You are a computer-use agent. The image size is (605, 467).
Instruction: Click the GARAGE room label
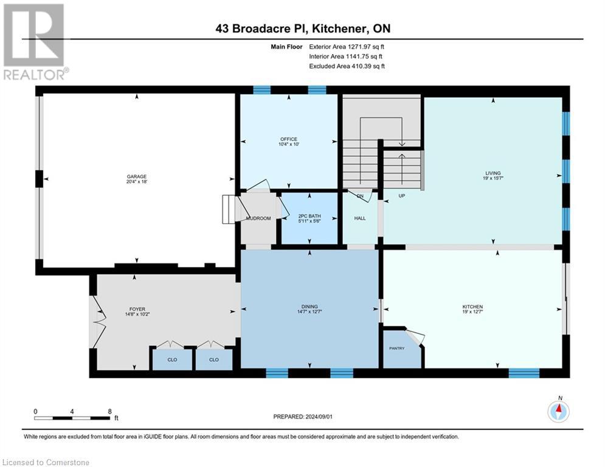tap(137, 176)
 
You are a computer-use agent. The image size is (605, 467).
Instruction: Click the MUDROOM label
tap(258, 218)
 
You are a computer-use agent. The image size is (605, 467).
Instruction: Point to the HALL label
tap(360, 218)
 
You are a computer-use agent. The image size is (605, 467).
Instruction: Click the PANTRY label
tap(396, 348)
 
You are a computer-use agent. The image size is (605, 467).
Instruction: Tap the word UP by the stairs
tap(401, 196)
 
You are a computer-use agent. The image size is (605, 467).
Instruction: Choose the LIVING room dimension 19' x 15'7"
tap(493, 179)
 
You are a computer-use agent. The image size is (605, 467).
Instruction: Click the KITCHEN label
tap(472, 306)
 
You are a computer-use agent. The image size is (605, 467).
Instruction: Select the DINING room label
tap(309, 306)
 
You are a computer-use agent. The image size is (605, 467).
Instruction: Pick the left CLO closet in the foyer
tap(172, 359)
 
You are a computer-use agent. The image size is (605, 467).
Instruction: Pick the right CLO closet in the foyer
tap(214, 359)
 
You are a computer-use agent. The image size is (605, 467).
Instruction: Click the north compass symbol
tap(558, 412)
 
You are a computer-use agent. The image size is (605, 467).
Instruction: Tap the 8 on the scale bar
tap(109, 411)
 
